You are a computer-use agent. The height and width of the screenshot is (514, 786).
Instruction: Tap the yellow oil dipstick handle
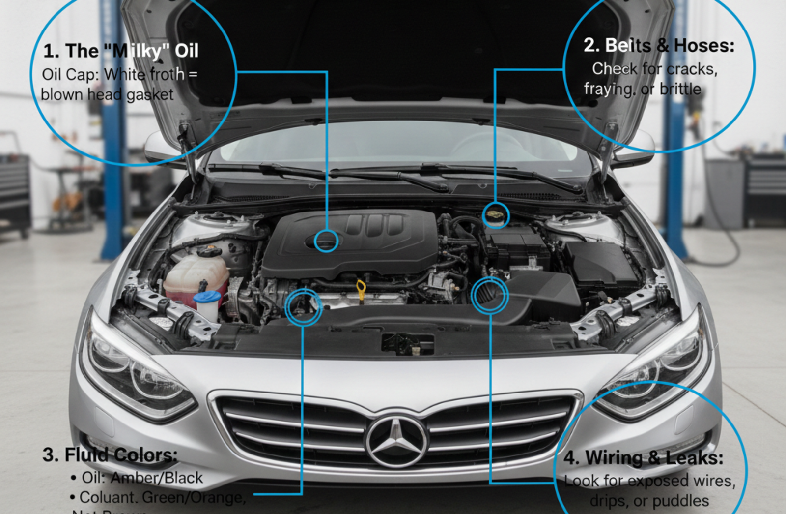(x=361, y=286)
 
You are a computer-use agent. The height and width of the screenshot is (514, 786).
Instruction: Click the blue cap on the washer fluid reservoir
(x=207, y=297)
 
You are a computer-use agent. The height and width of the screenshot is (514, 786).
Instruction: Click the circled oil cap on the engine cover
(x=326, y=241)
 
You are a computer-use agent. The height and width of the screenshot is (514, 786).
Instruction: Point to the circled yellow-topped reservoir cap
(x=496, y=215)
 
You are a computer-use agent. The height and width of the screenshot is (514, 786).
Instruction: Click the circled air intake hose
(x=489, y=296)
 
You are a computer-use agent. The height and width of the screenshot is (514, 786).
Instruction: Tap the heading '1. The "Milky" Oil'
(x=121, y=51)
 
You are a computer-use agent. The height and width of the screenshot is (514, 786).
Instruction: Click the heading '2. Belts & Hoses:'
(x=658, y=46)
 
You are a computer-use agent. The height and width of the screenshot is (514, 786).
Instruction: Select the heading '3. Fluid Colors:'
(x=109, y=455)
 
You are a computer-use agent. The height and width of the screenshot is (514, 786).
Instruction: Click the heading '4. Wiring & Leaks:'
(x=643, y=458)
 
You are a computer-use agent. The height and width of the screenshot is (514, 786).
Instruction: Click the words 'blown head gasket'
(x=107, y=94)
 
